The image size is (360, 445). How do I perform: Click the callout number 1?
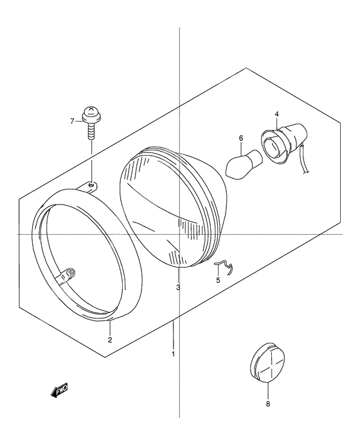coord(173,354)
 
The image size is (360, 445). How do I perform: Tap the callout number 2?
coord(110,340)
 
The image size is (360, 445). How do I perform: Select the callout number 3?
coord(178,288)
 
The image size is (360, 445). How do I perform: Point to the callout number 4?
coord(276,114)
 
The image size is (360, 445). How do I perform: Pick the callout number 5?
coord(218,280)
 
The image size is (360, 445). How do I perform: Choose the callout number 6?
coord(241,138)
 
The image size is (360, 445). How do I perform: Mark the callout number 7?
coord(72,122)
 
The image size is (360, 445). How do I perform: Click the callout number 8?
coord(268,404)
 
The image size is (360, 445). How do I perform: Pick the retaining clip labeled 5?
coord(224,268)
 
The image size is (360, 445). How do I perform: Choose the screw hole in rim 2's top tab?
coord(91,185)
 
